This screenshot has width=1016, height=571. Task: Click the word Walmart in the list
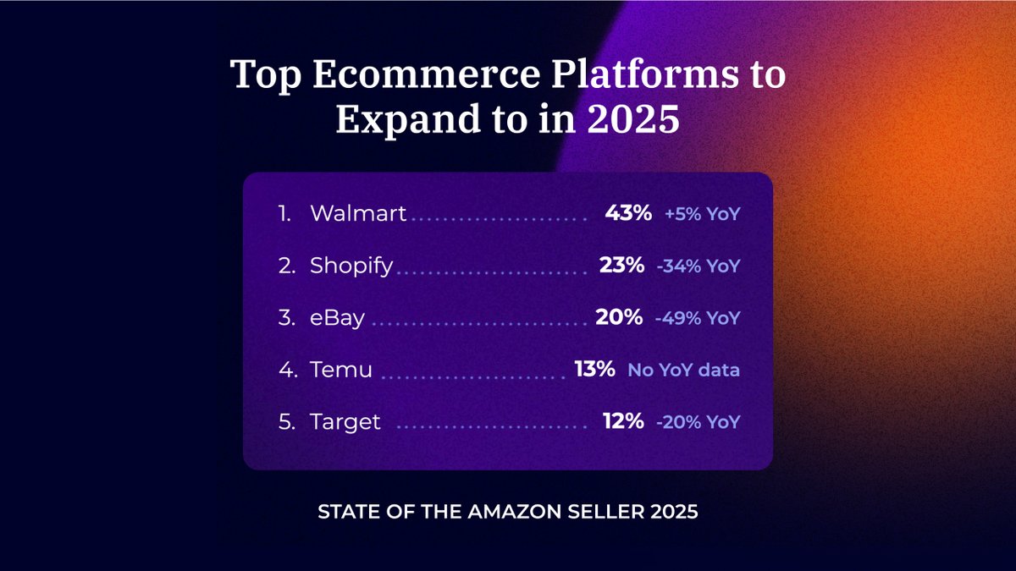pyautogui.click(x=358, y=214)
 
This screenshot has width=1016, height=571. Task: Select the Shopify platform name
pyautogui.click(x=351, y=266)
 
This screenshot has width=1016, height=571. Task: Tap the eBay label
pyautogui.click(x=339, y=318)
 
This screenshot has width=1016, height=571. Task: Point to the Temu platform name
pyautogui.click(x=340, y=370)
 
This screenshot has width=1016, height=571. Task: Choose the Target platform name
pyautogui.click(x=345, y=421)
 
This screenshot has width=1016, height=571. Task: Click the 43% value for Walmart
pyautogui.click(x=628, y=214)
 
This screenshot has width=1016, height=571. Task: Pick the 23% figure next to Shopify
pyautogui.click(x=622, y=266)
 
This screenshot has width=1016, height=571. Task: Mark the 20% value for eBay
pyautogui.click(x=619, y=318)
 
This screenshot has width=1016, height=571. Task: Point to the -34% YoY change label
pyautogui.click(x=698, y=266)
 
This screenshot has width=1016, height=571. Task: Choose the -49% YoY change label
pyautogui.click(x=698, y=319)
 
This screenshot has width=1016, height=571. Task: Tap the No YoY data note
pyautogui.click(x=683, y=371)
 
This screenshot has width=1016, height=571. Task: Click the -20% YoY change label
pyautogui.click(x=698, y=422)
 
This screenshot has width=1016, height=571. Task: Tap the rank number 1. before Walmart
pyautogui.click(x=285, y=214)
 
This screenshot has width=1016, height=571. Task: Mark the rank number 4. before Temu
pyautogui.click(x=287, y=370)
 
